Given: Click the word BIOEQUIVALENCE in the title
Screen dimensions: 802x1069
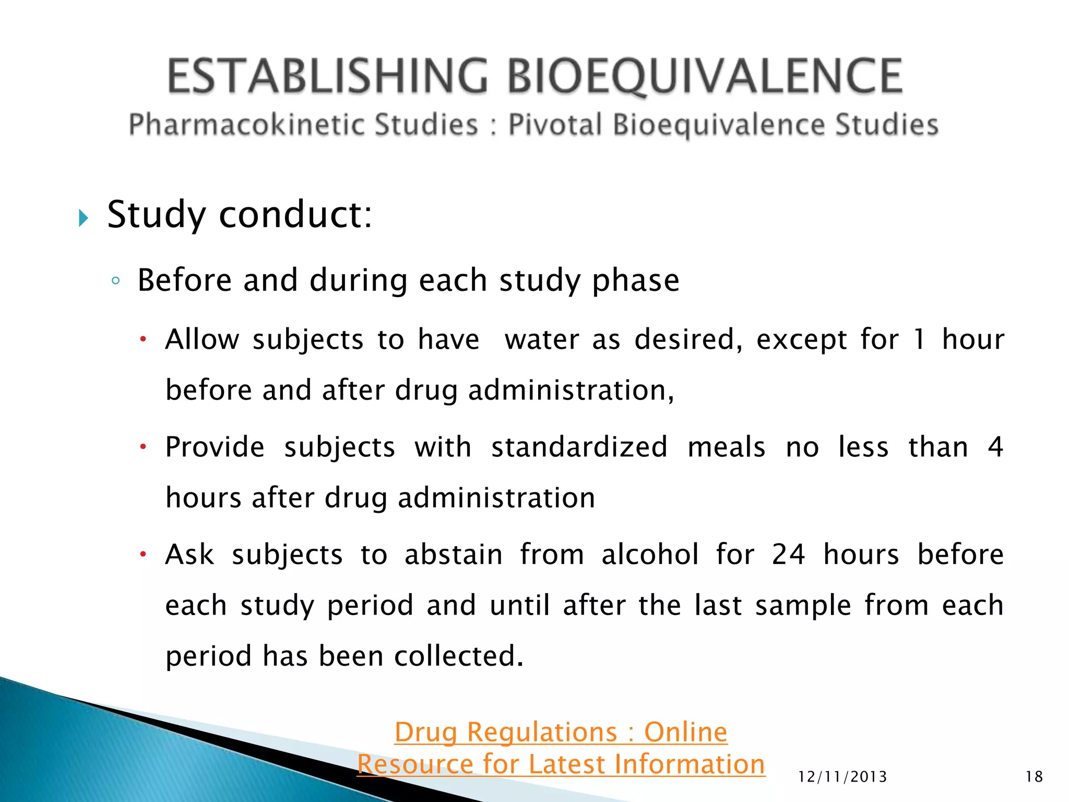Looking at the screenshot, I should coord(705,77).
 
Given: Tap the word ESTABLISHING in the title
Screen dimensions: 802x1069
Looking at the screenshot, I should coord(328,77).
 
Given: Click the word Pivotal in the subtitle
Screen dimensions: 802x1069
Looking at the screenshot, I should coord(555,125).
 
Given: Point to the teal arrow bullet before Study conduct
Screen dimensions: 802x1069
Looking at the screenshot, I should coord(84,218).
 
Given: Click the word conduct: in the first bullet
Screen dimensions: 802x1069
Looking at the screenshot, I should coord(295,215).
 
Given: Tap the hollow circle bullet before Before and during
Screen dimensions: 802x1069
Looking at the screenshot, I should coord(116,281).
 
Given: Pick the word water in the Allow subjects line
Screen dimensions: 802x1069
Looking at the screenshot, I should coord(542,340).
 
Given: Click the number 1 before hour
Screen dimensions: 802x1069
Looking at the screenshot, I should coord(919,340).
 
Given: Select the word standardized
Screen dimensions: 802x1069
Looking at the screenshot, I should coord(579,447).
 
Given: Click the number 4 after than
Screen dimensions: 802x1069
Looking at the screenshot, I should coord(995,447).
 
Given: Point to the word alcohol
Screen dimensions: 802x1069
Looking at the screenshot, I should coord(650,555).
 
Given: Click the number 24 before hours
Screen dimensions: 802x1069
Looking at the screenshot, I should coord(788,555).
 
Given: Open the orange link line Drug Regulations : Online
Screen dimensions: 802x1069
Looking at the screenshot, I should coord(561,732).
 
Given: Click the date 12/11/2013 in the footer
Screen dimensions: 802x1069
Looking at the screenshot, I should coord(842,777).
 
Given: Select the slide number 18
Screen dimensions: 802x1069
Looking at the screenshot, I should coord(1034,777).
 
